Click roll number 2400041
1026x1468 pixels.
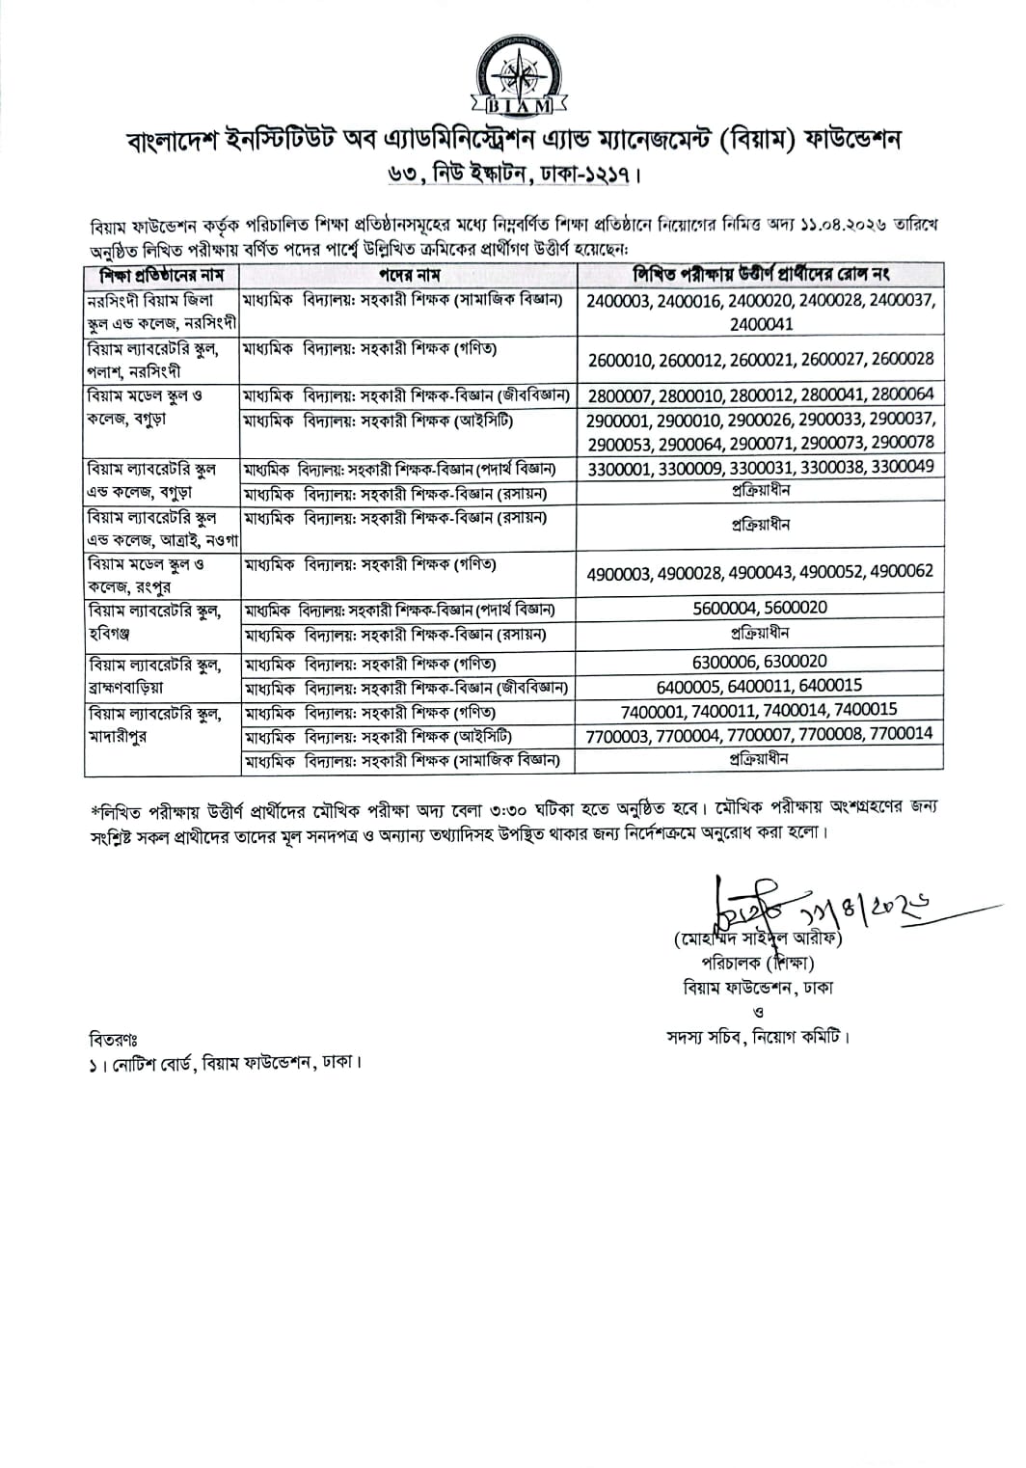click(761, 324)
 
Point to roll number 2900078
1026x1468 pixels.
click(901, 443)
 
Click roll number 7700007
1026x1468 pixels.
click(761, 734)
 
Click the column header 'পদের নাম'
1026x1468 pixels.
click(409, 275)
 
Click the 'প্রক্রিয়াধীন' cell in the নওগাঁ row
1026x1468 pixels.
click(760, 525)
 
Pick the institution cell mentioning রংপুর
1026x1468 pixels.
click(161, 575)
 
